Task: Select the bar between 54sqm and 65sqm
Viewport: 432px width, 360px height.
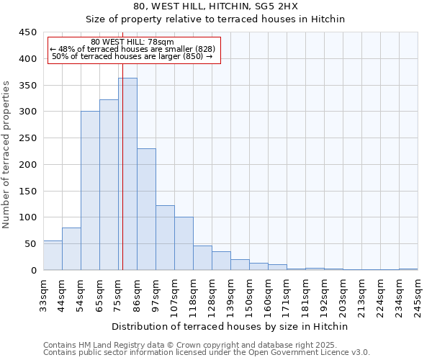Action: point(90,191)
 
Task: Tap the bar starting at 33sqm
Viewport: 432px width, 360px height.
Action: point(53,256)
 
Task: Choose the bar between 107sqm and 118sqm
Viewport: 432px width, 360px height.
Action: point(184,243)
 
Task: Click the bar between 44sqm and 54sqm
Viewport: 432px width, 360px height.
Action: point(71,249)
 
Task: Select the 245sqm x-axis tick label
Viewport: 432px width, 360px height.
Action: point(418,296)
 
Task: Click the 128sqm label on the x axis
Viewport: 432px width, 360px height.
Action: point(212,296)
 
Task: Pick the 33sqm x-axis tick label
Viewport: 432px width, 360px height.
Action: point(43,296)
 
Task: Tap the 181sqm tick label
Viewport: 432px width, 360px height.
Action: point(305,296)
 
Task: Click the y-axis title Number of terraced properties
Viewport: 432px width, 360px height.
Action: point(7,154)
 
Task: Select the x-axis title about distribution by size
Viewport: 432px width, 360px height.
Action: point(230,326)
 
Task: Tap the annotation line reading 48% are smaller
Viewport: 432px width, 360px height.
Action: point(133,49)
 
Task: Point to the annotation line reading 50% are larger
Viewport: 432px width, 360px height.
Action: point(133,56)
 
